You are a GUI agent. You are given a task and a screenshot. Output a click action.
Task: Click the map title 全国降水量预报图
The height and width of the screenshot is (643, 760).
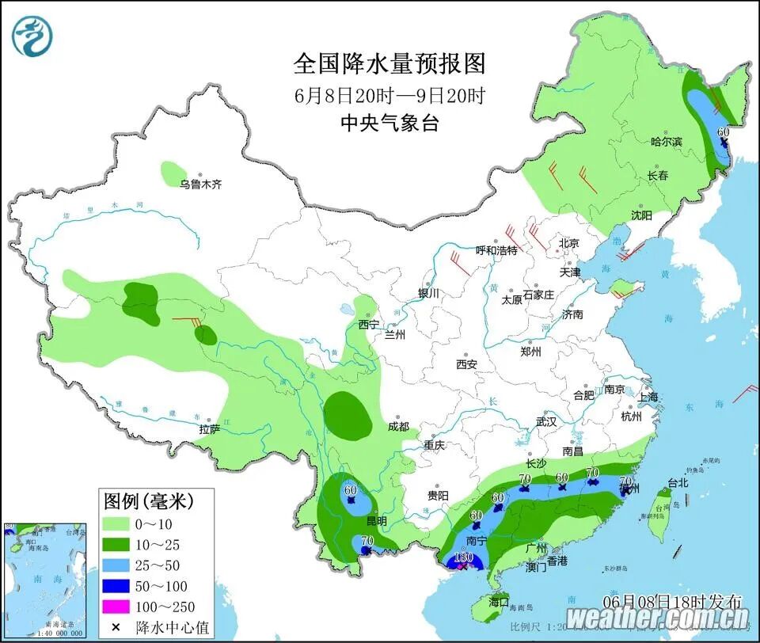tap(389, 63)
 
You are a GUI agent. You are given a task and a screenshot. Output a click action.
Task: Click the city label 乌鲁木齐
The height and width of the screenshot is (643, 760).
tap(200, 184)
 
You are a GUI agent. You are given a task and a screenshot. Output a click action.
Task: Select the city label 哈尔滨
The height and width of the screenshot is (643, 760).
tap(666, 142)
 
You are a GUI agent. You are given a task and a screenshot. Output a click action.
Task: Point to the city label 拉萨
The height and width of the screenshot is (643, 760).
tap(209, 429)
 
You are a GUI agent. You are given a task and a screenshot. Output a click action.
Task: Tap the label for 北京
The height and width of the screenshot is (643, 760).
tap(569, 243)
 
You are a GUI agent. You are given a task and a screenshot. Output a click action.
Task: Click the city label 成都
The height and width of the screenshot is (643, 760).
tap(398, 427)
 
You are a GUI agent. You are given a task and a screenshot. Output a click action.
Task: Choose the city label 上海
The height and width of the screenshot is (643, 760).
tap(648, 397)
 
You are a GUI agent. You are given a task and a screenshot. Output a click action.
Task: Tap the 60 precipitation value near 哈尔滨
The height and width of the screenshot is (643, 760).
tap(722, 131)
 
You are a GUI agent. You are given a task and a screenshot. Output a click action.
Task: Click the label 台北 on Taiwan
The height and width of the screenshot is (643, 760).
tap(678, 481)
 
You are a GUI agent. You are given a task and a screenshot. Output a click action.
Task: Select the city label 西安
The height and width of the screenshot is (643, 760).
tap(466, 364)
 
